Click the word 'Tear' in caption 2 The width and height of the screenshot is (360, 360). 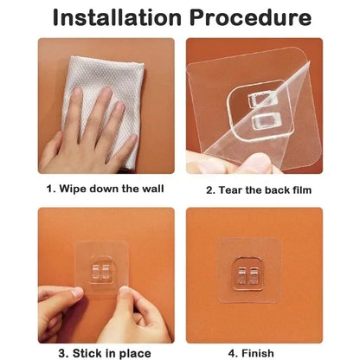click(x=234, y=189)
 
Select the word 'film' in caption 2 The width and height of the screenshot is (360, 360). click(x=299, y=189)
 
